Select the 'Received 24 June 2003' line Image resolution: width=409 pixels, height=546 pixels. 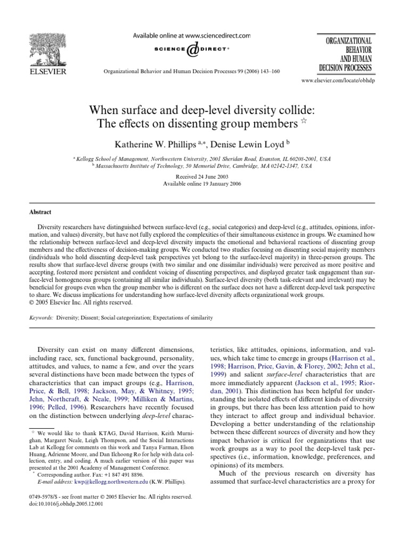tap(204, 175)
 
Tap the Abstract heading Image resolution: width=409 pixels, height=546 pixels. tap(40, 212)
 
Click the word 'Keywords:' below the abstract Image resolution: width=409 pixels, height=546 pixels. tap(42, 318)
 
